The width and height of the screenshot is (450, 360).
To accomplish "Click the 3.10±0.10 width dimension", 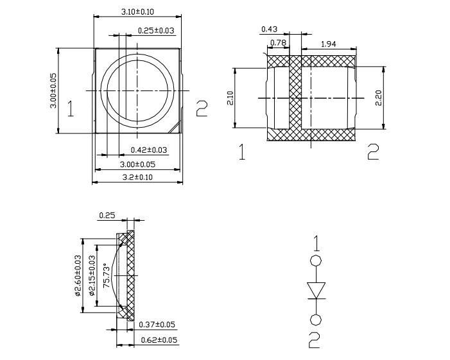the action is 137,12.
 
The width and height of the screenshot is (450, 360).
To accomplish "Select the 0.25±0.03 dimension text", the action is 156,30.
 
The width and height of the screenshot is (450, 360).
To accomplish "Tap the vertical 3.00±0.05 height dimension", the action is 53,90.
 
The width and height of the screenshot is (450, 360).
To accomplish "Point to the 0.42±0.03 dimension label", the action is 149,150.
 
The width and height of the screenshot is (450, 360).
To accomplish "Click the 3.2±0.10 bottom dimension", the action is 137,177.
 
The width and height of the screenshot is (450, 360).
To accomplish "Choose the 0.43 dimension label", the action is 270,29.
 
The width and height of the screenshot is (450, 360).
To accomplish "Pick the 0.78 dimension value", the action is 279,43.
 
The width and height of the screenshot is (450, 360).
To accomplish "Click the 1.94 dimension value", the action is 328,44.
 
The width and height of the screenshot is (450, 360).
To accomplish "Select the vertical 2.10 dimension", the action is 231,98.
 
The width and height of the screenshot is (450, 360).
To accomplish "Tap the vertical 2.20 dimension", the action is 379,98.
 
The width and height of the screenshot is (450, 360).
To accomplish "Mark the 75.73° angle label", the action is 107,275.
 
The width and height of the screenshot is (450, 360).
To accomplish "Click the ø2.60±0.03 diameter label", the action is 78,276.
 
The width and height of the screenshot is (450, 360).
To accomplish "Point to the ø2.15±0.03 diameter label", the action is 92,276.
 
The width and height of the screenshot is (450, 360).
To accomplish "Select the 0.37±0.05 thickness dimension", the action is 157,325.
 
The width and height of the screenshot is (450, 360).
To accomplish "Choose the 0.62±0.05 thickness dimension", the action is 159,340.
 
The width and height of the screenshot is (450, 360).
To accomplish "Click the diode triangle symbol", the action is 316,290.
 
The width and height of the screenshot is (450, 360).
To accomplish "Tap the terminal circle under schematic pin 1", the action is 316,261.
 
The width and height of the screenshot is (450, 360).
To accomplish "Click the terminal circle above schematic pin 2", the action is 316,320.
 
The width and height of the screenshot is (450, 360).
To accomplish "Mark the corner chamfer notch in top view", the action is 175,128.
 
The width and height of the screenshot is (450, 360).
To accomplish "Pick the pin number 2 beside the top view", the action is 202,108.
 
